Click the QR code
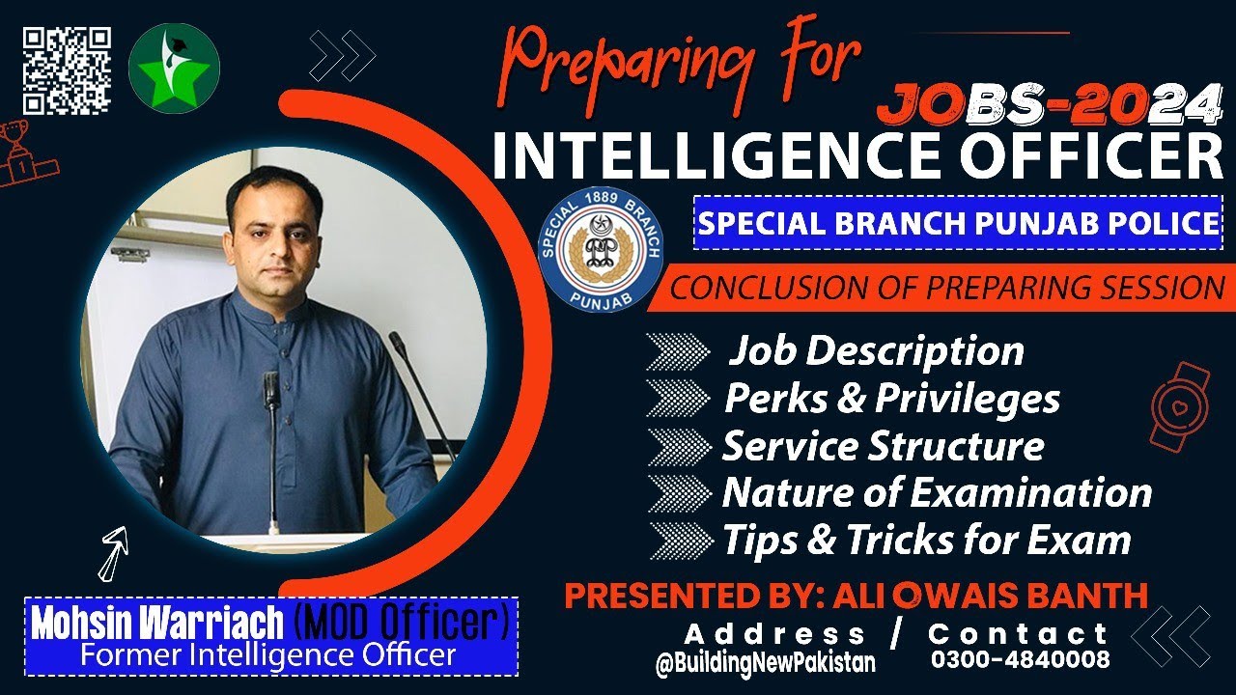click(67, 69)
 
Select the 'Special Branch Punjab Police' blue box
click(958, 223)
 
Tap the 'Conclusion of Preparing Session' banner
click(946, 288)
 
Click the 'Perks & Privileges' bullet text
click(891, 398)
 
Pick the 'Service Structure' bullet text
click(883, 446)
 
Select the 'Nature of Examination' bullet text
click(937, 493)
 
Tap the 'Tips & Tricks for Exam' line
click(926, 540)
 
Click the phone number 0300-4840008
click(1020, 660)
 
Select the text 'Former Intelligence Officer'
click(267, 656)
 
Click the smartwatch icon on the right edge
click(1179, 405)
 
